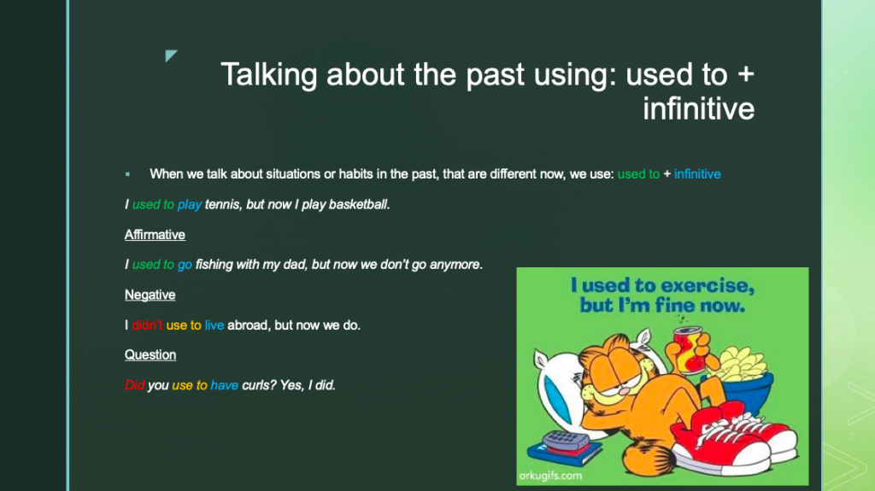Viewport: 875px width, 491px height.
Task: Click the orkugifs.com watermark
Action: coord(550,475)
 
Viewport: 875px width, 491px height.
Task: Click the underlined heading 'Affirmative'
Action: coord(155,235)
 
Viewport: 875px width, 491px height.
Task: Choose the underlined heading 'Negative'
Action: coord(150,295)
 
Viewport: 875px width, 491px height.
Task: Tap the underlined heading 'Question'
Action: coord(150,354)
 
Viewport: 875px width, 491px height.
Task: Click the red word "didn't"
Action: coord(147,325)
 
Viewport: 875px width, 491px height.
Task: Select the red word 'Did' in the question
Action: coord(135,385)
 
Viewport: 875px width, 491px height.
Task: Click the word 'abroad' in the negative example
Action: coord(248,325)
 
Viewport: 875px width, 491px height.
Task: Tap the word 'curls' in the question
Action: coord(260,385)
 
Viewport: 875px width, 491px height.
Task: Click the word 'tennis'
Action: coord(222,205)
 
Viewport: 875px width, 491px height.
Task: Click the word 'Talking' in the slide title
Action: coord(272,75)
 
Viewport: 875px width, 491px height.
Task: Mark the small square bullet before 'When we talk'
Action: coord(127,174)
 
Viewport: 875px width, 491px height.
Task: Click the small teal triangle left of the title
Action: coord(170,56)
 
